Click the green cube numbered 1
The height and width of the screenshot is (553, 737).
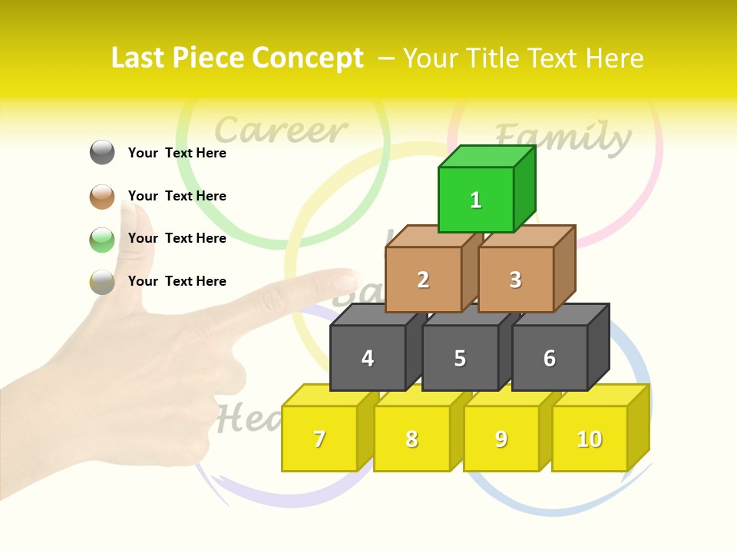(x=476, y=200)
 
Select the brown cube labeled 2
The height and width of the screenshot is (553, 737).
(x=423, y=280)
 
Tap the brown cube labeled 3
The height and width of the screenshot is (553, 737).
(x=515, y=280)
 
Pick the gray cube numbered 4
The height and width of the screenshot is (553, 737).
(x=368, y=358)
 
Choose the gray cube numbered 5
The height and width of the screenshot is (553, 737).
(x=460, y=358)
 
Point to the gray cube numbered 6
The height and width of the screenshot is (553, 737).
(x=550, y=358)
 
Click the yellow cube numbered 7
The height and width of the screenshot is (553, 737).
(x=319, y=439)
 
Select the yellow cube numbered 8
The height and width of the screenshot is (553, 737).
(x=411, y=439)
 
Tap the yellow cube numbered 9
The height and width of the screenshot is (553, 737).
(x=501, y=439)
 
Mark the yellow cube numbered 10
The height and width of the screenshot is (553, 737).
(x=590, y=439)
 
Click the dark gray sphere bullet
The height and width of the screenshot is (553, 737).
(x=102, y=152)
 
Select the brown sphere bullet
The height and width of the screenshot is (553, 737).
(x=102, y=196)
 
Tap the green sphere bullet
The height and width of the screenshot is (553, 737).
(x=102, y=239)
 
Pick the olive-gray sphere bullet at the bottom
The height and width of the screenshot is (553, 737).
(x=102, y=282)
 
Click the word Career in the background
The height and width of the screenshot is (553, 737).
(x=280, y=131)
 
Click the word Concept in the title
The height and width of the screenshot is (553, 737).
(x=308, y=58)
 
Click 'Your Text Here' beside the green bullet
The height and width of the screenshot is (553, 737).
(x=177, y=238)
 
